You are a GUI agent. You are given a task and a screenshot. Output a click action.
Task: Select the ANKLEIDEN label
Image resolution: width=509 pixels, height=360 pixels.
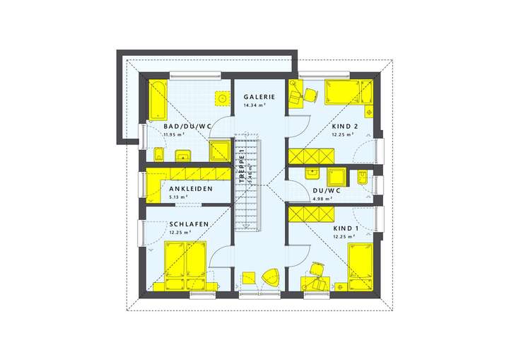[189, 190]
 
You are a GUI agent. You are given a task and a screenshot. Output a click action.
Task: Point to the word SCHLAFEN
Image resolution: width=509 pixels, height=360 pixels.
[188, 224]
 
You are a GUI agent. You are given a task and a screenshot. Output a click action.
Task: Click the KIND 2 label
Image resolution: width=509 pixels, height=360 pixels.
[345, 126]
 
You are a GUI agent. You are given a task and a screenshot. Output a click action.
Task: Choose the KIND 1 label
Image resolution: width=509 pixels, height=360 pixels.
[346, 229]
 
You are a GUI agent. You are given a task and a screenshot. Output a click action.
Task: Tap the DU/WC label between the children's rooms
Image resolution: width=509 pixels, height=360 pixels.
[327, 190]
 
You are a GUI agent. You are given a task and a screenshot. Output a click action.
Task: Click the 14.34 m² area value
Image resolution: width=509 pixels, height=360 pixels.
[254, 105]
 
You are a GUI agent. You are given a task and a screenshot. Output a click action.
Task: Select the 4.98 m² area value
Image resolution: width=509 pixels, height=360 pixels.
[322, 198]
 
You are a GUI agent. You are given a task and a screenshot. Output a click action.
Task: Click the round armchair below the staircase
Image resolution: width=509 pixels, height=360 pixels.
[270, 278]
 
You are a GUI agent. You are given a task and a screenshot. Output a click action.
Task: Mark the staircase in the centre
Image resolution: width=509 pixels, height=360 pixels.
[247, 182]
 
